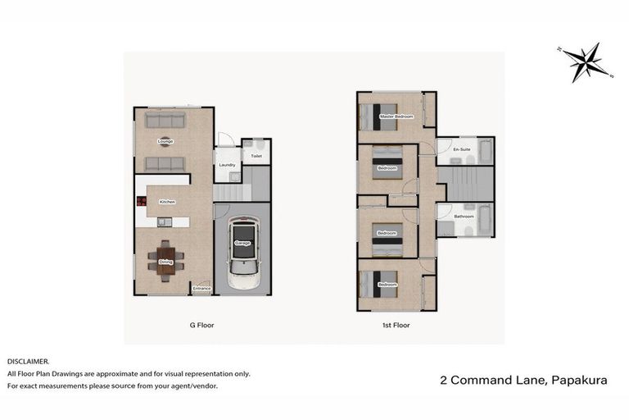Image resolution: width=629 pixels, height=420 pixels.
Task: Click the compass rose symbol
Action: click(x=585, y=62)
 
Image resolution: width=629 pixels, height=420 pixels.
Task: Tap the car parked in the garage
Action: click(x=242, y=252)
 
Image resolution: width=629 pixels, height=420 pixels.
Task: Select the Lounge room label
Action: click(x=165, y=141)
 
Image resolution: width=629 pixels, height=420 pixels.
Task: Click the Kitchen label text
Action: click(x=167, y=202)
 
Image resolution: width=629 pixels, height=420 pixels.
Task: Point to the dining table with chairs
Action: click(x=165, y=262)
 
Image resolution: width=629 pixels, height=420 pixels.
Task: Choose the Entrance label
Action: click(x=201, y=289)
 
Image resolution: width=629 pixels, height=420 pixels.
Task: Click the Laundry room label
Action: click(x=227, y=165)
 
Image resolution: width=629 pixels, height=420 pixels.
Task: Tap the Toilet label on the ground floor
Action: click(x=256, y=156)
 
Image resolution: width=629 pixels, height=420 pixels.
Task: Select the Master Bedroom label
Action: click(x=396, y=116)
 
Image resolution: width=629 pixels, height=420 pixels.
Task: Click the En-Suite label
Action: click(x=464, y=149)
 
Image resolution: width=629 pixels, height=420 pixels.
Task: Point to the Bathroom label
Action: click(x=464, y=217)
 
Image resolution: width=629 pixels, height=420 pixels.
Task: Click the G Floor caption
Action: click(x=201, y=325)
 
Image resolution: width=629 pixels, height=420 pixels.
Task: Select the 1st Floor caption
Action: click(x=396, y=325)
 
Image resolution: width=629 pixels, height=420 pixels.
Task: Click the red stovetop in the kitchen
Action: click(x=140, y=201)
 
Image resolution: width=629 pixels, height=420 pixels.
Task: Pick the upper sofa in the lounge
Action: click(x=164, y=121)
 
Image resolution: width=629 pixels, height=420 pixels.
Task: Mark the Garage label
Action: click(x=242, y=244)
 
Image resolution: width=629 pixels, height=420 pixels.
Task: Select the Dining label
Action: click(x=165, y=262)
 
